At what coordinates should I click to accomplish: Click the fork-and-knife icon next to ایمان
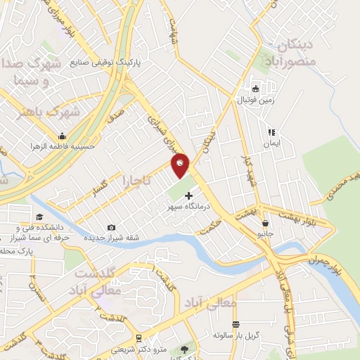tap(271, 131)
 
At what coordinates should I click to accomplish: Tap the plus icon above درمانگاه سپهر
tap(188, 195)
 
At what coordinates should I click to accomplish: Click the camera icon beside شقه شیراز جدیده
tap(111, 227)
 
